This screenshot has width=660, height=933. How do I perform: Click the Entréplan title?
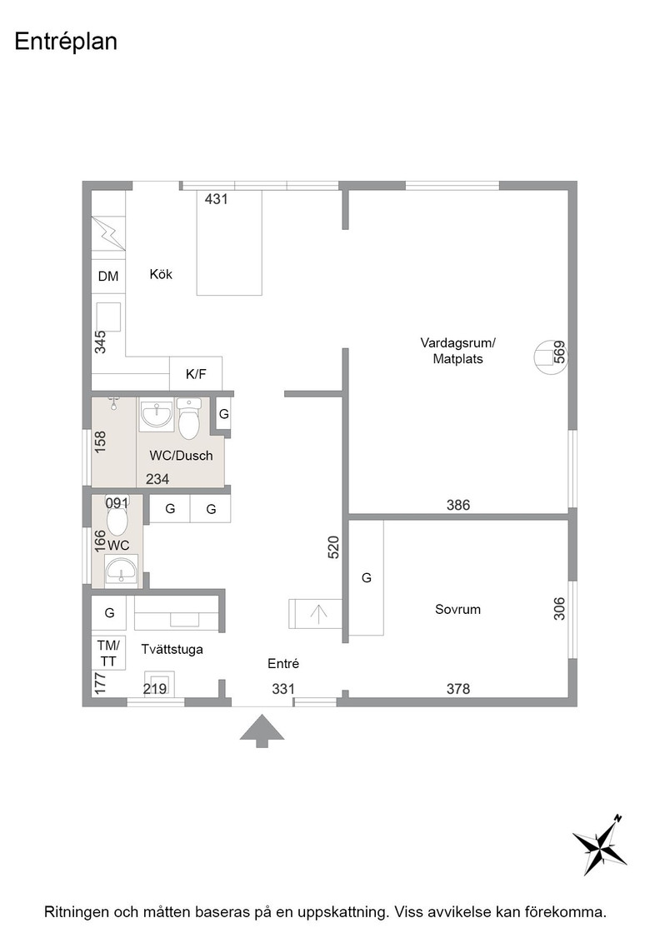pyautogui.click(x=66, y=42)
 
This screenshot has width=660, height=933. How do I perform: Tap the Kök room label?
pyautogui.click(x=161, y=274)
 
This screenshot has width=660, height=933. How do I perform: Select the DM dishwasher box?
pyautogui.click(x=108, y=276)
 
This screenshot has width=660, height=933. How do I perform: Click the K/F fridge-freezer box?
pyautogui.click(x=196, y=374)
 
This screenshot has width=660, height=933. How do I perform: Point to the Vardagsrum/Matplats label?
pyautogui.click(x=457, y=351)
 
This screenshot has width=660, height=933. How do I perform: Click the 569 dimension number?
pyautogui.click(x=559, y=352)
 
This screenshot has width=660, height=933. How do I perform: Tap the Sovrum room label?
pyautogui.click(x=457, y=609)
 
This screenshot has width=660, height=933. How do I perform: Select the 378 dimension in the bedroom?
pyautogui.click(x=458, y=688)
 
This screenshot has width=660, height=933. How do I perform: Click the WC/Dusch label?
pyautogui.click(x=181, y=456)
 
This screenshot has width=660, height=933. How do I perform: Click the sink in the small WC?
pyautogui.click(x=122, y=570)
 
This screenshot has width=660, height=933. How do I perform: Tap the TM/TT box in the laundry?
pyautogui.click(x=108, y=653)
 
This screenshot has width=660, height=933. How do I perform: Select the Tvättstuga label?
pyautogui.click(x=172, y=649)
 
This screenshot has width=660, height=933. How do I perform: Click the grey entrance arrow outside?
pyautogui.click(x=262, y=731)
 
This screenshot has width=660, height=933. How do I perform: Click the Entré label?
pyautogui.click(x=282, y=663)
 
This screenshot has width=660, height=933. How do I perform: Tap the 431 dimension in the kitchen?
pyautogui.click(x=216, y=199)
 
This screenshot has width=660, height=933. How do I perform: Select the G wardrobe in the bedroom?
pyautogui.click(x=366, y=578)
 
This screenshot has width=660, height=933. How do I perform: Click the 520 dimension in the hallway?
pyautogui.click(x=333, y=547)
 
